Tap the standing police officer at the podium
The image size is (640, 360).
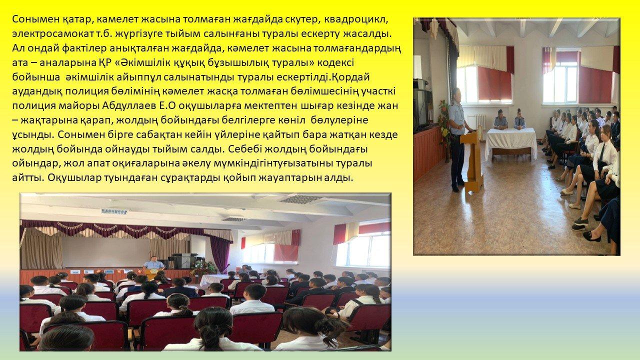[x=457, y=140]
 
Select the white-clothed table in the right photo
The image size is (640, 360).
[x=511, y=143]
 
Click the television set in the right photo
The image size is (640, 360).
[x=422, y=108]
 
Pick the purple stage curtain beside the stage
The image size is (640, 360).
[x=220, y=253]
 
